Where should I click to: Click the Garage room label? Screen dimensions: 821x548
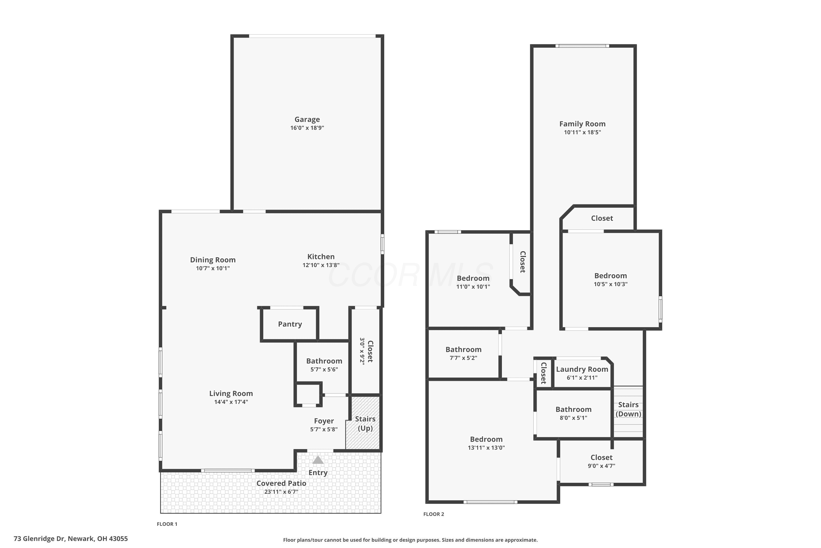click(x=307, y=119)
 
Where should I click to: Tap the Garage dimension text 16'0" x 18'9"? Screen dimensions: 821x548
click(x=307, y=128)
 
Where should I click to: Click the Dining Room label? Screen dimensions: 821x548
click(x=213, y=260)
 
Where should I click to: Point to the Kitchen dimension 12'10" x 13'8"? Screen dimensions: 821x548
click(x=321, y=265)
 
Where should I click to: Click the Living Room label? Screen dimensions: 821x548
click(x=231, y=393)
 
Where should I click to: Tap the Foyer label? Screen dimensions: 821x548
click(x=324, y=421)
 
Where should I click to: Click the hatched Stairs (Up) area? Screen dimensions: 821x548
click(x=363, y=423)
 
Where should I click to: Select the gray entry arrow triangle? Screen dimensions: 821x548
click(x=318, y=460)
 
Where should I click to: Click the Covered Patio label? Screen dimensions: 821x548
click(x=281, y=483)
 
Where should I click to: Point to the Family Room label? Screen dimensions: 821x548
click(x=582, y=124)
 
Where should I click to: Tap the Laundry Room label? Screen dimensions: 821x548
click(x=582, y=369)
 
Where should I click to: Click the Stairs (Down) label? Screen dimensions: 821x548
click(x=628, y=409)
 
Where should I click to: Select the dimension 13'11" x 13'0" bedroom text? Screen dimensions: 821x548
click(x=486, y=448)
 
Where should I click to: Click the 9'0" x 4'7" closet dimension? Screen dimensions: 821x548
click(x=602, y=466)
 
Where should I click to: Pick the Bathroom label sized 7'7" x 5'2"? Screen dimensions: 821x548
click(x=463, y=350)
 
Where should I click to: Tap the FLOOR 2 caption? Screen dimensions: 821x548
click(x=433, y=514)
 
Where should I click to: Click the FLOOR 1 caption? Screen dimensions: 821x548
click(x=167, y=524)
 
